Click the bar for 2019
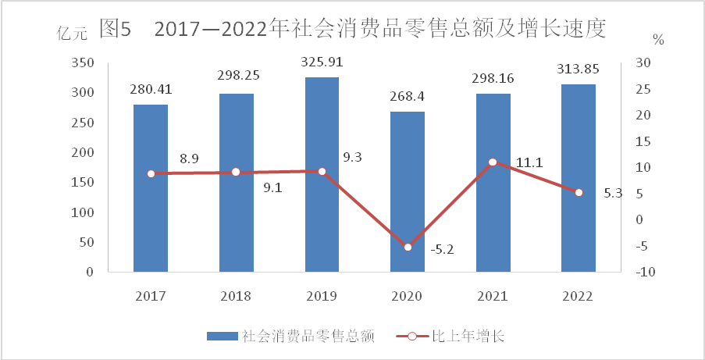coord(322,175)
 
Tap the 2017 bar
coord(151,188)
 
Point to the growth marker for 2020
coord(408,247)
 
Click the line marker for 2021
coord(493,162)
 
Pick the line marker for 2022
coord(579,192)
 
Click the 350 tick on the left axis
coord(83,62)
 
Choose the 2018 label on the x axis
coord(236,297)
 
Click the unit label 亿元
coord(72,34)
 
